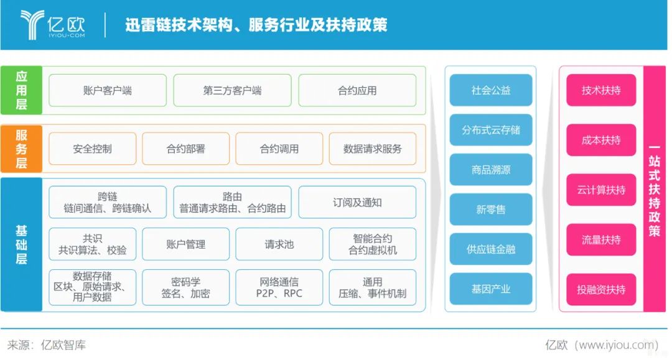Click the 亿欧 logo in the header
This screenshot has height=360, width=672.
click(x=52, y=25)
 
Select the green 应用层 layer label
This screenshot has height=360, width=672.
click(x=21, y=90)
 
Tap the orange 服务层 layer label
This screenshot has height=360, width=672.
click(x=21, y=149)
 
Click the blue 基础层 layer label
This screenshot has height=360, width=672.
click(x=21, y=244)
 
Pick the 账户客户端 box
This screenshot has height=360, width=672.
click(x=108, y=90)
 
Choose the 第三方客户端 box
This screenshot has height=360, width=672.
click(x=232, y=90)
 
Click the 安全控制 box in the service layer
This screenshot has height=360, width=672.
click(x=93, y=149)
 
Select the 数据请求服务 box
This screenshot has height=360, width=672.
click(x=373, y=149)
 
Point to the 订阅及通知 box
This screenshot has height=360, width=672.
click(x=357, y=203)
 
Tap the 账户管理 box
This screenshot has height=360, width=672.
click(x=185, y=244)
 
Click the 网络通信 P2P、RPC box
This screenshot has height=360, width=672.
click(x=279, y=288)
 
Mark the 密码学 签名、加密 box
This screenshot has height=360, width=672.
click(x=185, y=288)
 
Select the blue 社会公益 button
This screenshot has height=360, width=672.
click(x=491, y=90)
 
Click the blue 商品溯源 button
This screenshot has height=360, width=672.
click(x=491, y=170)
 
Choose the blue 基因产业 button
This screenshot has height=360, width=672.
click(x=491, y=289)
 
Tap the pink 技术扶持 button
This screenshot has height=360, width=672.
click(x=601, y=90)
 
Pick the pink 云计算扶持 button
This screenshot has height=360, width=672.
click(x=601, y=190)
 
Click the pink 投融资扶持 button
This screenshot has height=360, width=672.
click(x=601, y=290)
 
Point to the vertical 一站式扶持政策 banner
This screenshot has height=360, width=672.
click(x=655, y=189)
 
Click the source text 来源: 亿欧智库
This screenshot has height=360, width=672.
click(x=46, y=345)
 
